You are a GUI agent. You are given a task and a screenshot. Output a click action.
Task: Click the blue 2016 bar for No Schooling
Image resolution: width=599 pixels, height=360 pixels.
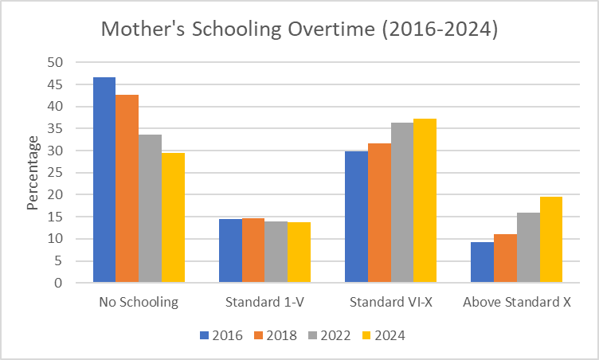(x=104, y=180)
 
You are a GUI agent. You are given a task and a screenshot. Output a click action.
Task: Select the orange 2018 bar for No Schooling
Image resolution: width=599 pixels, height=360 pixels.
(x=127, y=189)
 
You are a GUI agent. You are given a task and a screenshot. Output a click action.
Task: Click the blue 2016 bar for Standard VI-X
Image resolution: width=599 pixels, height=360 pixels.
(x=356, y=217)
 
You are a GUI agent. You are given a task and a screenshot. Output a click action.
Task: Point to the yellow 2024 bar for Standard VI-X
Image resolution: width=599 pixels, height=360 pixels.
(x=425, y=201)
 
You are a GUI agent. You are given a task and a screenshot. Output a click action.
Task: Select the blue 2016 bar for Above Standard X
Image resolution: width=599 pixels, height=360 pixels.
(x=482, y=262)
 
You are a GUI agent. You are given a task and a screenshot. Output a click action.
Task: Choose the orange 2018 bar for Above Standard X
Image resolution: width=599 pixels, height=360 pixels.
(x=505, y=258)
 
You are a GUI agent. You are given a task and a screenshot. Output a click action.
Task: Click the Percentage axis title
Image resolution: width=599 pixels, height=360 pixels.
(x=33, y=172)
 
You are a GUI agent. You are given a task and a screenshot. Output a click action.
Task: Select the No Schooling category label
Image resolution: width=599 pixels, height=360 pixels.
(x=139, y=303)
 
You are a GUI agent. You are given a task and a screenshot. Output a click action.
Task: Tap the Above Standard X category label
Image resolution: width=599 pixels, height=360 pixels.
(x=516, y=303)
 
